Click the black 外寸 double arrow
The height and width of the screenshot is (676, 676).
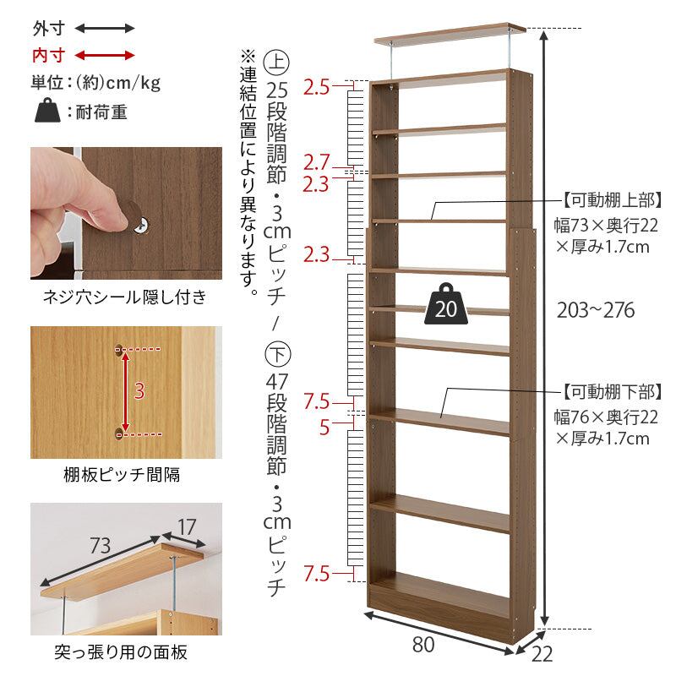click(x=105, y=29)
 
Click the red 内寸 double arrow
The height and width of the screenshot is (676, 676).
click(x=105, y=56)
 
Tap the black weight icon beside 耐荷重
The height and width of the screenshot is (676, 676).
click(x=47, y=111)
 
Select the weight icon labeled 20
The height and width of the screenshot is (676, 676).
click(x=446, y=303)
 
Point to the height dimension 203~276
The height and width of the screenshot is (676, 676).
click(x=596, y=310)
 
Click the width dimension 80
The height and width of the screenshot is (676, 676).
click(x=423, y=644)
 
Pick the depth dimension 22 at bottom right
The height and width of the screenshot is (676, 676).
click(x=542, y=654)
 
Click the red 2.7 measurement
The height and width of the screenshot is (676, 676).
click(x=316, y=162)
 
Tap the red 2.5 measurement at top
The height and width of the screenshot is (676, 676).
click(x=316, y=87)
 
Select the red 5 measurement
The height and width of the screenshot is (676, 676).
click(x=324, y=428)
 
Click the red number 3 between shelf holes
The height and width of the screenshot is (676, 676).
click(x=139, y=391)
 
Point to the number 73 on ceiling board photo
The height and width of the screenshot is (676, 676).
click(x=100, y=545)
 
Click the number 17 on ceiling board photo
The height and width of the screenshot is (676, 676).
click(x=187, y=526)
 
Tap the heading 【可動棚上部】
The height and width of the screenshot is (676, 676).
click(x=612, y=200)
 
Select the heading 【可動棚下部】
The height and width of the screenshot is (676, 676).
click(x=612, y=392)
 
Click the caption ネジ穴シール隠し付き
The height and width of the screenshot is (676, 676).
click(x=125, y=297)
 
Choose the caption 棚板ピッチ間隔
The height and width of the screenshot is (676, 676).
click(x=122, y=475)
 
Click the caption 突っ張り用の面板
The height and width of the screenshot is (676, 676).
click(x=121, y=652)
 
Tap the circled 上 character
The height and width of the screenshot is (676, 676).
click(x=277, y=62)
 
